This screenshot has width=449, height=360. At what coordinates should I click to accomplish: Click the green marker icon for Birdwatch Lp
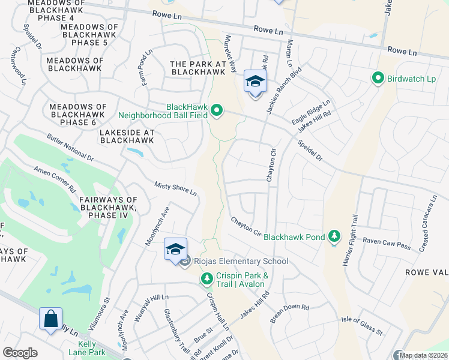378,79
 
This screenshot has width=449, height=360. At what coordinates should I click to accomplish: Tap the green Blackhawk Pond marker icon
334,236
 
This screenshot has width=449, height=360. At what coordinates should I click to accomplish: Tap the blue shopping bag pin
50,318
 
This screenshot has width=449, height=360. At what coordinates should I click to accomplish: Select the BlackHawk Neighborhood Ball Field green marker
217,110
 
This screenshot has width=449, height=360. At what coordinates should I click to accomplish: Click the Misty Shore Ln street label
176,189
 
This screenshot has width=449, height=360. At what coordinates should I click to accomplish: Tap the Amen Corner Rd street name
55,179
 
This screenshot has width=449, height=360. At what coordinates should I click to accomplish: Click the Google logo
20,353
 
